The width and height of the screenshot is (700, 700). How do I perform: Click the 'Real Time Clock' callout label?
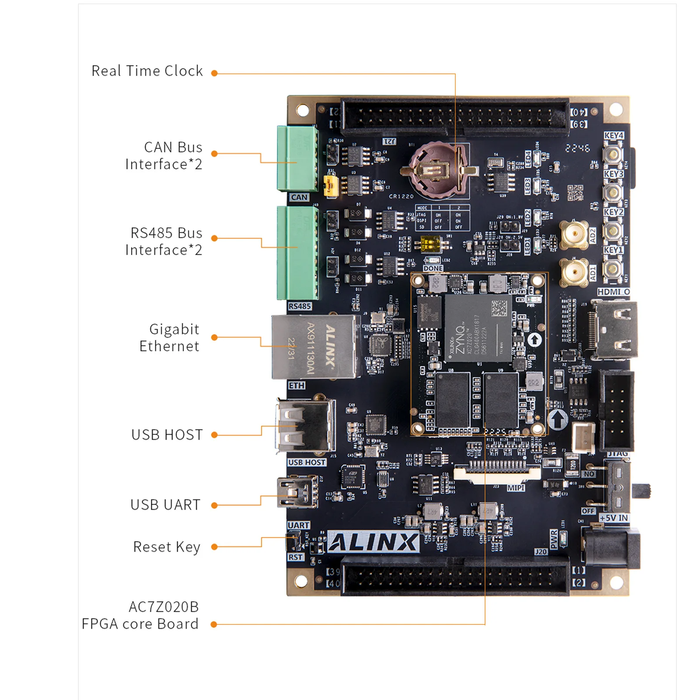point(147,71)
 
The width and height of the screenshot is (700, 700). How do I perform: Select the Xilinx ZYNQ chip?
point(477,328)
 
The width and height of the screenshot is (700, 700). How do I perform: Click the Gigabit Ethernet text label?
point(169,338)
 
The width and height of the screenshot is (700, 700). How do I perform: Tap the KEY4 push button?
point(613,154)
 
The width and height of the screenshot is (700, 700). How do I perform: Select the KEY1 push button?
point(612,268)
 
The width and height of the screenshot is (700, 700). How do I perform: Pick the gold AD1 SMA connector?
point(574,272)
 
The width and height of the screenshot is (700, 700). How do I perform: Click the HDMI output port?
point(615,330)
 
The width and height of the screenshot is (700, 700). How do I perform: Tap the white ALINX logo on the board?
point(373,542)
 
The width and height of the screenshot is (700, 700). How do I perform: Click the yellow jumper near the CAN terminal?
point(330,185)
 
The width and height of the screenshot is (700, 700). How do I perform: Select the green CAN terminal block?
point(297,159)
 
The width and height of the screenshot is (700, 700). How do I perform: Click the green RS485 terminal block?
point(297,253)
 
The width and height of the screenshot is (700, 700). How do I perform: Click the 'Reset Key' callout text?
point(167,547)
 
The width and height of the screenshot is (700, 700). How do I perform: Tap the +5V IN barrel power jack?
point(610,547)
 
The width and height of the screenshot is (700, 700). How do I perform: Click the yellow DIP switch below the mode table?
point(429,244)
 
